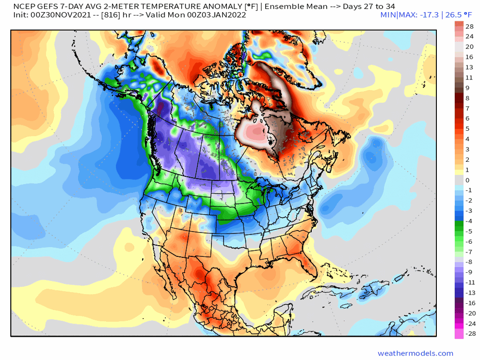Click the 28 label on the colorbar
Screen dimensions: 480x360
pos(469,26)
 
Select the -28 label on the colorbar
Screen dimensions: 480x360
pos(470,334)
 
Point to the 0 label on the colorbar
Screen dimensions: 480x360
pos(467,180)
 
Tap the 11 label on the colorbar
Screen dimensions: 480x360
pos(469,78)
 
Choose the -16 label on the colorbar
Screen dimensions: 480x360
pos(470,303)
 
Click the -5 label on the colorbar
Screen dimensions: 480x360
pos(469,231)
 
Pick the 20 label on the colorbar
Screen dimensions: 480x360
pos(469,47)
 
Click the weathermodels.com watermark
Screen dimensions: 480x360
pos(416,354)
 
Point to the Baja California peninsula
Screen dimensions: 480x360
pos(166,273)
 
